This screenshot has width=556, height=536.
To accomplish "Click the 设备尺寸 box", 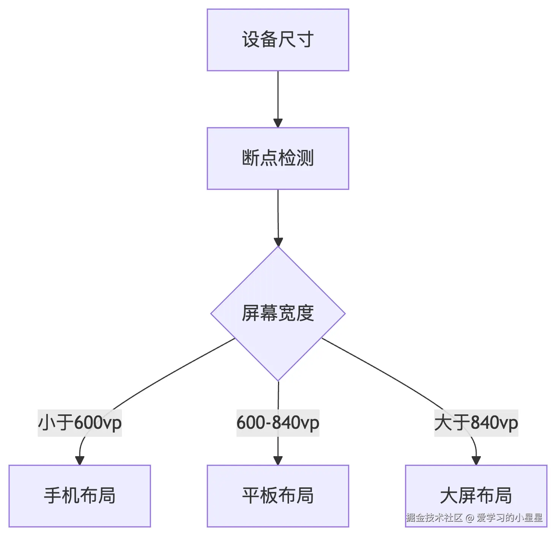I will click(x=278, y=40).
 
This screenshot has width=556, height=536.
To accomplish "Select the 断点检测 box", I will click(x=278, y=159).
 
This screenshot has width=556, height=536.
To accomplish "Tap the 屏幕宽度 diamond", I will click(x=278, y=313).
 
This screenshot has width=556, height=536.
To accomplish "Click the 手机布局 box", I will click(x=80, y=496).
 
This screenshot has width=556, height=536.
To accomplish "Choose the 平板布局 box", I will click(x=278, y=496).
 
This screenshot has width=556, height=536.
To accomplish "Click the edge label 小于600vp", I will click(x=80, y=423).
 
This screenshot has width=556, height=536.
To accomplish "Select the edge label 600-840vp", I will click(x=278, y=423).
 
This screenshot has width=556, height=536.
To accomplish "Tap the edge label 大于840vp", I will click(x=476, y=423).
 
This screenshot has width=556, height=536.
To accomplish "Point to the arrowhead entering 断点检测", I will click(x=278, y=123).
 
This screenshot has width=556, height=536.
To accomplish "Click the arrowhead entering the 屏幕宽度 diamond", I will click(x=278, y=242).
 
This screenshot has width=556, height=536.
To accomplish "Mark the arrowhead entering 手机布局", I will click(x=80, y=460).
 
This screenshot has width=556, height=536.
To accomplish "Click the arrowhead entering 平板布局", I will click(x=278, y=460).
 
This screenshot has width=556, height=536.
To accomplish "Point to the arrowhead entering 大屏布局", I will click(x=476, y=460).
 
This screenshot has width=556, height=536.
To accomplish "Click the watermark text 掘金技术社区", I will click(x=434, y=518).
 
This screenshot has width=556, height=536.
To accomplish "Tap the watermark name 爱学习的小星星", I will click(x=509, y=518).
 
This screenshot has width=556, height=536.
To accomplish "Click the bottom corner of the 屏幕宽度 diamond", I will click(x=278, y=380).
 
